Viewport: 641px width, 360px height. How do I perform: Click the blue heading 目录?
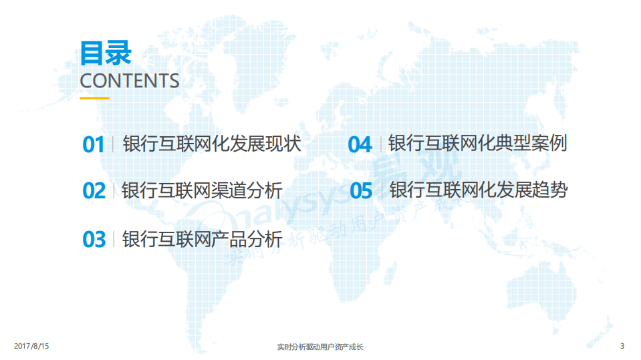pyautogui.click(x=106, y=52)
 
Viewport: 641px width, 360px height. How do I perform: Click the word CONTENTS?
pyautogui.click(x=130, y=81)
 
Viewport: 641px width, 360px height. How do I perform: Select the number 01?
pyautogui.click(x=94, y=145)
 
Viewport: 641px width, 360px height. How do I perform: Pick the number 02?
pyautogui.click(x=94, y=191)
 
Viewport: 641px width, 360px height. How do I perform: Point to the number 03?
pyautogui.click(x=94, y=239)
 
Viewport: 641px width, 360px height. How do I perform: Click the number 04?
pyautogui.click(x=360, y=144)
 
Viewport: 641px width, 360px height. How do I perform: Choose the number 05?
pyautogui.click(x=361, y=191)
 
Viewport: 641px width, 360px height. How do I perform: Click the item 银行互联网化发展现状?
pyautogui.click(x=212, y=144)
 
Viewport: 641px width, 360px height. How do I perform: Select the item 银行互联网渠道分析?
pyautogui.click(x=202, y=190)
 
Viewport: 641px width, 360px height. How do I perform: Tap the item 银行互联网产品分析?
pyautogui.click(x=202, y=238)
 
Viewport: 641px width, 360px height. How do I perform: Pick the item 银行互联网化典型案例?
pyautogui.click(x=477, y=144)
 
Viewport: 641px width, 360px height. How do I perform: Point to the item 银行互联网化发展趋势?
pyautogui.click(x=479, y=190)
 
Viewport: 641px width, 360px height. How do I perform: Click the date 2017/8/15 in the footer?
pyautogui.click(x=32, y=346)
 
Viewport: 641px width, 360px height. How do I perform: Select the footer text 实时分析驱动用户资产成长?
pyautogui.click(x=320, y=347)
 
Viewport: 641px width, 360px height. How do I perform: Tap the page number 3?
pyautogui.click(x=622, y=346)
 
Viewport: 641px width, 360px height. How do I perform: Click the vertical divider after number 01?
pyautogui.click(x=113, y=144)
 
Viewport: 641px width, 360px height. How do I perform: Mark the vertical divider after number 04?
pyautogui.click(x=380, y=144)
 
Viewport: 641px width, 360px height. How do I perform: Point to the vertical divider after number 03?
pyautogui.click(x=114, y=238)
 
